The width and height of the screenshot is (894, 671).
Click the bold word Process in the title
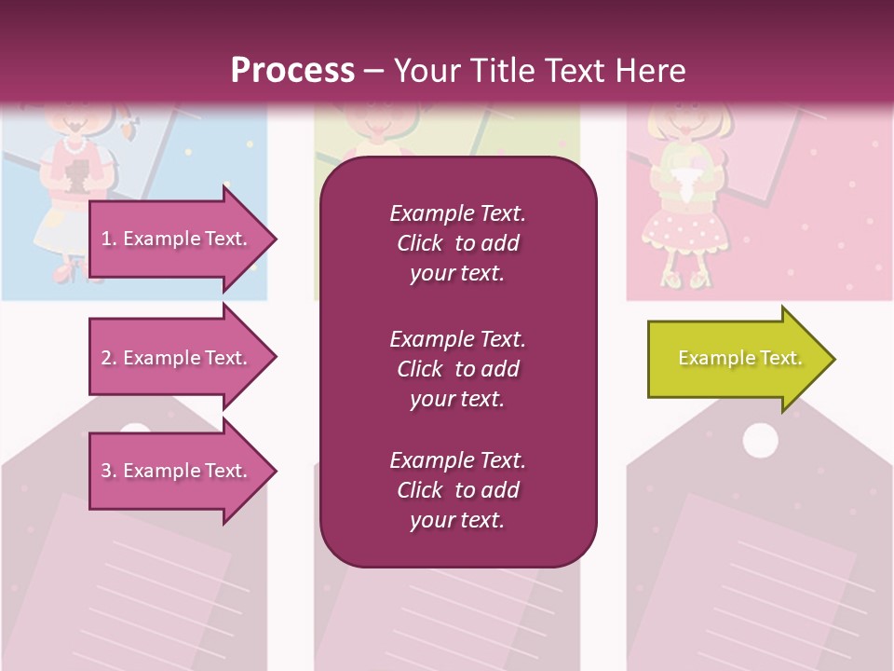pyautogui.click(x=292, y=71)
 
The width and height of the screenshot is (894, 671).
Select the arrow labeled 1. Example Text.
pyautogui.click(x=177, y=239)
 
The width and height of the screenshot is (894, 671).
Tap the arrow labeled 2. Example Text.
pyautogui.click(x=177, y=358)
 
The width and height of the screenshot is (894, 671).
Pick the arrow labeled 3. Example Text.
pyautogui.click(x=177, y=471)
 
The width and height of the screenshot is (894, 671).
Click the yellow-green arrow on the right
pyautogui.click(x=736, y=359)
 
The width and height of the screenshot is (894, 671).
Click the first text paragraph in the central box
pyautogui.click(x=457, y=243)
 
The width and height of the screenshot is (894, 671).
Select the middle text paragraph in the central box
pyautogui.click(x=457, y=369)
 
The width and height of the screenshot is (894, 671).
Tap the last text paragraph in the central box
pyautogui.click(x=457, y=490)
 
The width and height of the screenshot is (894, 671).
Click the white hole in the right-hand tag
pyautogui.click(x=760, y=440)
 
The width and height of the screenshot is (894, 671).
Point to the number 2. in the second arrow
pyautogui.click(x=109, y=358)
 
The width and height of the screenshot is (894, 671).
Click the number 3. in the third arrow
pyautogui.click(x=109, y=471)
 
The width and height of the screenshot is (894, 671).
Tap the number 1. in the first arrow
pyautogui.click(x=109, y=239)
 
